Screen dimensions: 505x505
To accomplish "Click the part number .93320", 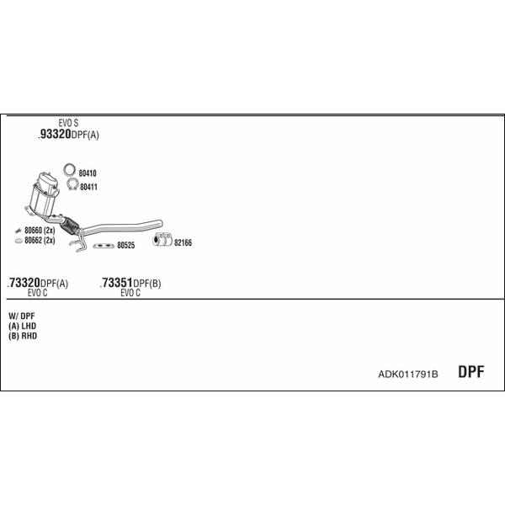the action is click(55, 134).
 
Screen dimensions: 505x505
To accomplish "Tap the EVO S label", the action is click(68, 123).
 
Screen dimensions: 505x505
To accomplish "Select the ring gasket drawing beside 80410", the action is click(69, 170).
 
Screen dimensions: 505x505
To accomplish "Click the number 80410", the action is click(88, 173).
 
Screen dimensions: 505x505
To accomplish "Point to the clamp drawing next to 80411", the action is click(72, 184).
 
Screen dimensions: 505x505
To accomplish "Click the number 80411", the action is click(88, 187).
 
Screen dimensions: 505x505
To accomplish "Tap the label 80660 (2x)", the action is click(40, 231).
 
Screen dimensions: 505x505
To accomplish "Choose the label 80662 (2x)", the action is click(40, 240).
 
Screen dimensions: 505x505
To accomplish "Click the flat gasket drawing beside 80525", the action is click(104, 246).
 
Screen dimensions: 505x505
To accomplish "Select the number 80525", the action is click(126, 246).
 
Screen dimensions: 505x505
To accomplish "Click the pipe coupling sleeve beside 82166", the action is click(162, 240).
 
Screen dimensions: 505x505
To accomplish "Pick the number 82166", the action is click(183, 243).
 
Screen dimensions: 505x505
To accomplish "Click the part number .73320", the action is click(24, 283).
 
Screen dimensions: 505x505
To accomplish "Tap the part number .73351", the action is click(116, 283).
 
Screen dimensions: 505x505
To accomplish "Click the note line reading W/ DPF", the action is click(22, 316).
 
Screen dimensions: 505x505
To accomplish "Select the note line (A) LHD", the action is click(22, 326).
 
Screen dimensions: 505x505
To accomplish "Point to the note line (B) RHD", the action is click(23, 336).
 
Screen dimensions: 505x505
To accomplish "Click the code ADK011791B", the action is click(408, 375).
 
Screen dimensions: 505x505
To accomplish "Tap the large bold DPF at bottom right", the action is click(471, 372).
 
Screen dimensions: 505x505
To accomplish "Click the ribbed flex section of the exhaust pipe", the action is click(70, 225).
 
